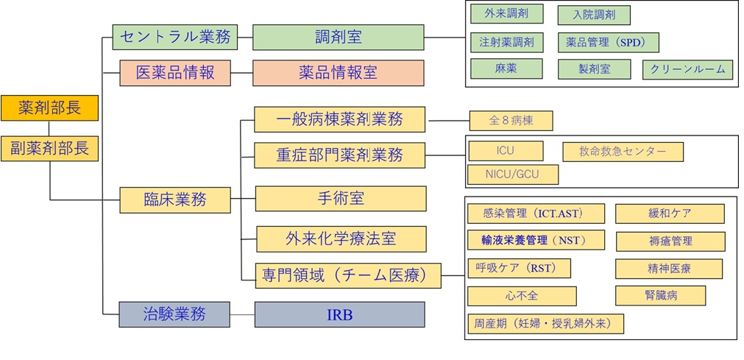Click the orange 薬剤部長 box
(x=49, y=109)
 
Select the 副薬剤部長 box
(x=49, y=148)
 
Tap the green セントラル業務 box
(x=174, y=37)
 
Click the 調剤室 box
(x=339, y=37)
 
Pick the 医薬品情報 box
(x=175, y=73)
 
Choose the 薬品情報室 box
(x=339, y=73)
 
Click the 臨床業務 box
(x=175, y=199)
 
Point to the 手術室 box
(x=341, y=199)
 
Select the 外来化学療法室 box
(x=341, y=239)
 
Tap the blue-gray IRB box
(x=339, y=314)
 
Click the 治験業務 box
(x=175, y=314)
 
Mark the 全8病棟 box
(x=511, y=121)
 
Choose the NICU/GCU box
(x=512, y=174)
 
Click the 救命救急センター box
(x=623, y=152)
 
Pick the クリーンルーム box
(x=687, y=70)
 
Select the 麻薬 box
(x=506, y=68)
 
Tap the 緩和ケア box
(x=670, y=213)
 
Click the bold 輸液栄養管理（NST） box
(x=536, y=240)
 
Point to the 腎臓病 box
(x=660, y=295)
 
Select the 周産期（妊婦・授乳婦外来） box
(x=545, y=323)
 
